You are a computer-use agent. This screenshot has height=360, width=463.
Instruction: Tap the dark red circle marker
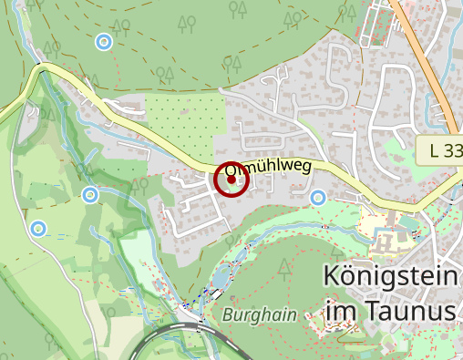pos(231,180)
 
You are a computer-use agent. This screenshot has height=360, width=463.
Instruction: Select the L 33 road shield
pos(441,151)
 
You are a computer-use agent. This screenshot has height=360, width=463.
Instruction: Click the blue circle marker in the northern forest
pos(104,41)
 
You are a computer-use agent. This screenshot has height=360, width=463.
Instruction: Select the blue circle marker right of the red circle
pos(318,197)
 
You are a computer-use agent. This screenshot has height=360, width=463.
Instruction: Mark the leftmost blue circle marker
pos(38,228)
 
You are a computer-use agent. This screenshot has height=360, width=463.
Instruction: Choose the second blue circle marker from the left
pos(90,194)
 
